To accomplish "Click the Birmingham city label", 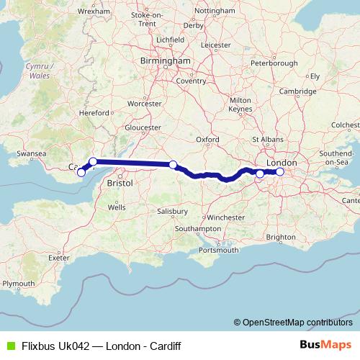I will tap(167, 61).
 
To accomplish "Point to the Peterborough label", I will tap(274, 63).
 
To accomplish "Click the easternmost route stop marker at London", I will tap(280, 171).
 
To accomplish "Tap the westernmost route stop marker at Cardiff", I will tap(81, 172).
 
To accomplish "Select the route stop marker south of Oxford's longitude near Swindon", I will tap(173, 165).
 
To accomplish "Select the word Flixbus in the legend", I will tap(37, 346).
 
